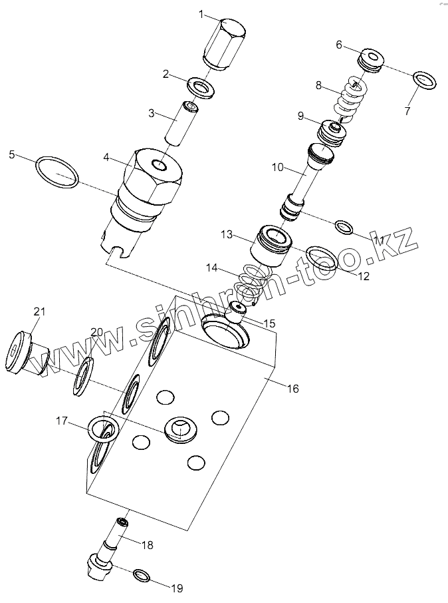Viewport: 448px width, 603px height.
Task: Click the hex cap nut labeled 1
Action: [x=225, y=43]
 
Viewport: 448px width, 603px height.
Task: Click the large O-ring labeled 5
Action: [x=57, y=172]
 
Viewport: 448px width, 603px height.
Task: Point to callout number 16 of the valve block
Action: [x=292, y=388]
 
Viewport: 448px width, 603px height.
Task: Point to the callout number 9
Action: [x=301, y=116]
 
